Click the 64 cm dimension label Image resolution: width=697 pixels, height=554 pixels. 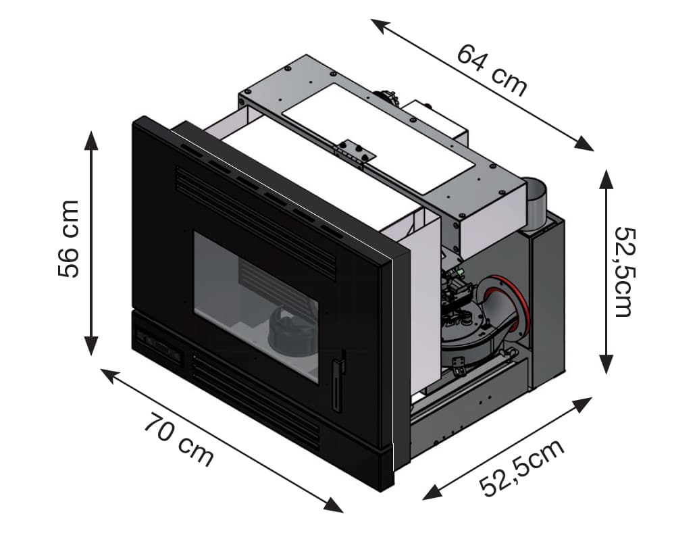(x=492, y=69)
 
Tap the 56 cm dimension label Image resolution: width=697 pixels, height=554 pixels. (x=69, y=238)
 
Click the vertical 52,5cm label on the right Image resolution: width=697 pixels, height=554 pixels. (x=623, y=271)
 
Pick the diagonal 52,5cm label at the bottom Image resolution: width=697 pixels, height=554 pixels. (x=521, y=467)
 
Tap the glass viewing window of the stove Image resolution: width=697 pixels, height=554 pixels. (x=257, y=304)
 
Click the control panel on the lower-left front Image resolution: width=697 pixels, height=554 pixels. (x=157, y=345)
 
